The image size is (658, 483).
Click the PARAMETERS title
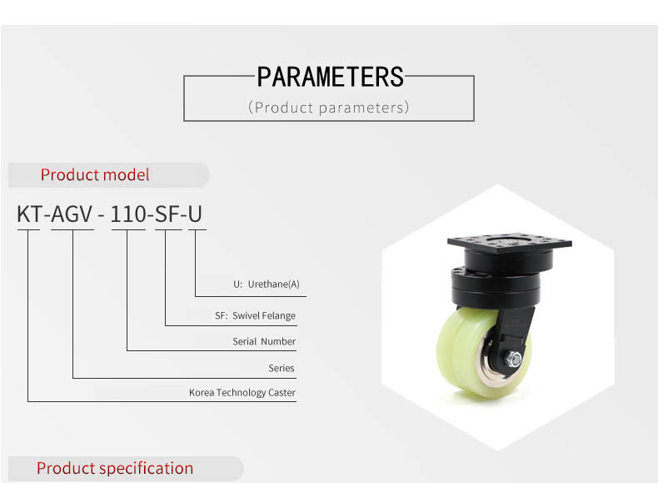click(331, 77)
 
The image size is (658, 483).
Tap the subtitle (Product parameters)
click(328, 108)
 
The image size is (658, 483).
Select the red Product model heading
click(95, 174)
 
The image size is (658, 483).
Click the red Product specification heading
click(115, 468)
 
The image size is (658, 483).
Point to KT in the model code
click(29, 214)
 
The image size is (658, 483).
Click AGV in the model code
click(72, 214)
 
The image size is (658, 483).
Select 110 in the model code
click(128, 214)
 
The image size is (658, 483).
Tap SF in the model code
click(168, 214)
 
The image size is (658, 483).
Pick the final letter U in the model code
click(195, 214)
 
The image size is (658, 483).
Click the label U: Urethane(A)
click(267, 284)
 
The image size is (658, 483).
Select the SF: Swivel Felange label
click(255, 315)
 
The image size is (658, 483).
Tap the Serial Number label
click(264, 341)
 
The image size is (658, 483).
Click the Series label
click(282, 368)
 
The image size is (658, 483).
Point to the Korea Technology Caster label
click(242, 393)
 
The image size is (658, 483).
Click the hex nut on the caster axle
click(514, 360)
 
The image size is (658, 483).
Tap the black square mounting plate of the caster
click(510, 242)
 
